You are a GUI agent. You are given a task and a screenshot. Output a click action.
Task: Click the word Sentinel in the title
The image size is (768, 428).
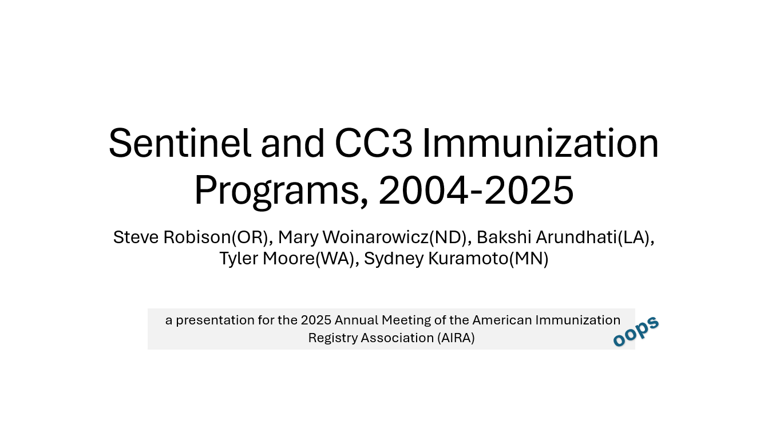180,143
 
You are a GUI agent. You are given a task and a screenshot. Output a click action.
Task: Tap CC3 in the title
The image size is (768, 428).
373,143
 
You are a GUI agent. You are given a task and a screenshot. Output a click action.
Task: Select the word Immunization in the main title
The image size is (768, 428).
541,143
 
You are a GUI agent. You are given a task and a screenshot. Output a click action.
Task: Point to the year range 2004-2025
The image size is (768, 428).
476,190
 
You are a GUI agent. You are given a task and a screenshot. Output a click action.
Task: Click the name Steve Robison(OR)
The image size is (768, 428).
191,237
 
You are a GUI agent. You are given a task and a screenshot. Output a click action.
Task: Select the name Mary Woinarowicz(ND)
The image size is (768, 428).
373,237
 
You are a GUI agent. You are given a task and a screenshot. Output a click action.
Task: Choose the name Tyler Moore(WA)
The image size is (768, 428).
287,259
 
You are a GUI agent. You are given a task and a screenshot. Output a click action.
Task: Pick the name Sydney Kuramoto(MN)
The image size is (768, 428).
456,259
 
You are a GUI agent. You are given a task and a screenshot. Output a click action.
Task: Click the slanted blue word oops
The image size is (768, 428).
636,331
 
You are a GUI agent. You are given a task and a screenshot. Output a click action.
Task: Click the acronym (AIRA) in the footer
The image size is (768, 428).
456,338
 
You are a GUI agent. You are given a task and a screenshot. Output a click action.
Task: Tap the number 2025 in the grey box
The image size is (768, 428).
316,320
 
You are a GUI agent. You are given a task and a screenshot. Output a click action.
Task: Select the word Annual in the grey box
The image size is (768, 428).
356,320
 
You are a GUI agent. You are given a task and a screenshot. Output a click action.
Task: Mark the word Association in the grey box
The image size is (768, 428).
397,338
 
